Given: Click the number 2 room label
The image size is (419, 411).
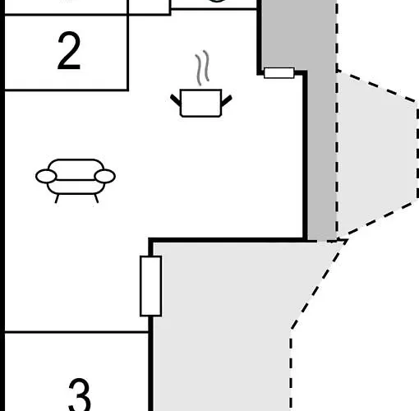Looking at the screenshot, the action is click(x=69, y=51).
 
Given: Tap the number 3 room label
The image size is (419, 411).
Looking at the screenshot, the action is click(x=80, y=395).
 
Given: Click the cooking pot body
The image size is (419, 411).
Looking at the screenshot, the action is click(x=200, y=103).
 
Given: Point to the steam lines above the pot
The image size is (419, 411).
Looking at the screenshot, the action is click(x=202, y=67).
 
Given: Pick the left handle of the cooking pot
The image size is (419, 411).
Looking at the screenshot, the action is click(x=176, y=100).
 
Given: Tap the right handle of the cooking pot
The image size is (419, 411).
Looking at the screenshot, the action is click(x=227, y=101).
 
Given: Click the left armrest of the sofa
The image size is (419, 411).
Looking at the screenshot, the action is click(x=46, y=176).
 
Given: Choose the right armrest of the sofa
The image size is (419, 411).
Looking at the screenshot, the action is click(x=105, y=176).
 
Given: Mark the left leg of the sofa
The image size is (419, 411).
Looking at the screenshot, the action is click(x=57, y=199).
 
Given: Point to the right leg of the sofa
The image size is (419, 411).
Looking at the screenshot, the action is click(x=96, y=198).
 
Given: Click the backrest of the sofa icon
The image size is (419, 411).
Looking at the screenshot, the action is click(x=76, y=169).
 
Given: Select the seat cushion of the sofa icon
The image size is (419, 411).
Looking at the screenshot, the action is click(x=76, y=187).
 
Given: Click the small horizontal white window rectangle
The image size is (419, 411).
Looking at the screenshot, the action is click(x=279, y=73).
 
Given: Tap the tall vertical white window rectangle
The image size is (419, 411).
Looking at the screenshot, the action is click(x=150, y=286).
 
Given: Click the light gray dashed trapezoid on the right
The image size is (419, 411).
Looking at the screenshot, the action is click(x=377, y=155).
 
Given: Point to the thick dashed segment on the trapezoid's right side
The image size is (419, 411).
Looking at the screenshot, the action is click(x=417, y=153).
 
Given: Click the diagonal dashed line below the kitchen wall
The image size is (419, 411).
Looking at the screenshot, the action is click(x=319, y=284).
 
